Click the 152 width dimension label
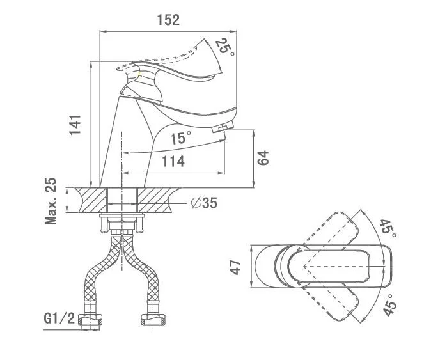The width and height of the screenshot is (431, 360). tap(168, 20)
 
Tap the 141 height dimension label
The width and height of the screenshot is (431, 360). tap(75, 124)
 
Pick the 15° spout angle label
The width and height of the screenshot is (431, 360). tap(180, 137)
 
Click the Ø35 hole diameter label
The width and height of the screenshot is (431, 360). tap(204, 203)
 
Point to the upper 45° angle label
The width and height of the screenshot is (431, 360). tap(389, 229)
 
